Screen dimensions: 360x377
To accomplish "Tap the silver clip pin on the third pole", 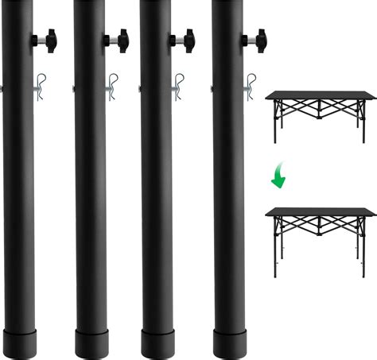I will click(x=181, y=85).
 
